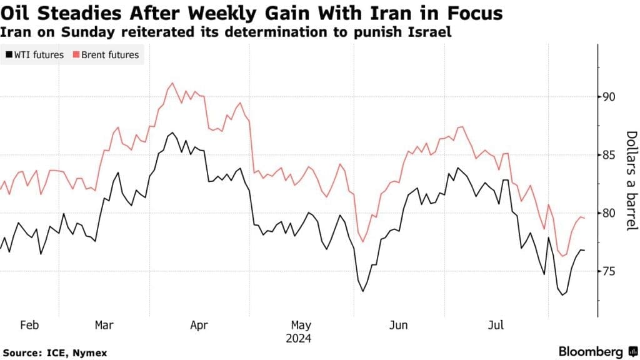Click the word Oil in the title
[19, 12]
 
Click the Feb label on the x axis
[30, 326]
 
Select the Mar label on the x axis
[104, 326]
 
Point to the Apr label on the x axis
[198, 326]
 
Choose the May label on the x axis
[301, 326]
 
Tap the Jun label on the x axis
[398, 326]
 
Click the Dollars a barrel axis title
[631, 181]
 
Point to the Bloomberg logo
[591, 351]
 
